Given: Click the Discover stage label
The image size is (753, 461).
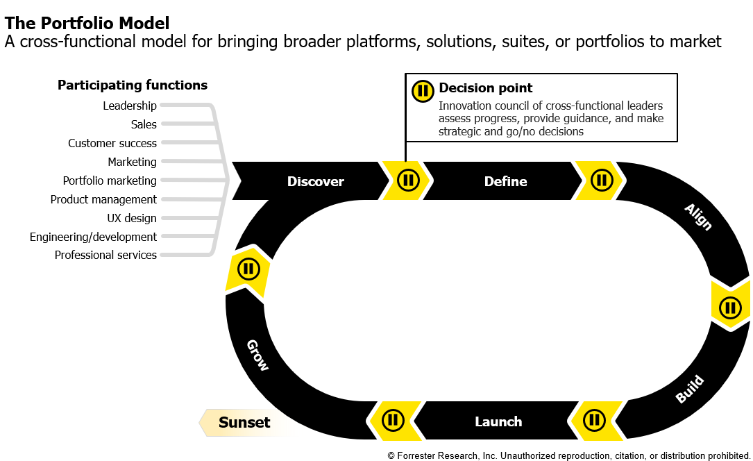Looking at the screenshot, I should point(315,181).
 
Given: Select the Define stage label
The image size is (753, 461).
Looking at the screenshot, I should point(505,181).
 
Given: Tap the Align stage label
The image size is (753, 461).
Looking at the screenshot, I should point(697,217).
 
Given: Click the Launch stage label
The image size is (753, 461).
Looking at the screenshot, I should point(498,421).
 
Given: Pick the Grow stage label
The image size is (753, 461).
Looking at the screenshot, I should point(257,355).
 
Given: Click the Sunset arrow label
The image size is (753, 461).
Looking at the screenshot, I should point(244,422).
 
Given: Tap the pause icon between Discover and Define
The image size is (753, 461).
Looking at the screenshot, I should point(408,181).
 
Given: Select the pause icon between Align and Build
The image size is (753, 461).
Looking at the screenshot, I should point(730,307).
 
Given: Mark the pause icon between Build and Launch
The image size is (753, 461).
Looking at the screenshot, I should point(594,420).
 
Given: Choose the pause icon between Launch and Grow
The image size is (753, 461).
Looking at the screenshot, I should point(393,420).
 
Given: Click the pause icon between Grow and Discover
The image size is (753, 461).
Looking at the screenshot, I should point(248,269).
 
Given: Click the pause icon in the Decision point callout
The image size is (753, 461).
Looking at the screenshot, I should point(423,91).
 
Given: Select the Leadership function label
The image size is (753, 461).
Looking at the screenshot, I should point(130,106).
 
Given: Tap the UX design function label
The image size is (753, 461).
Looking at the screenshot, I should point(131,218).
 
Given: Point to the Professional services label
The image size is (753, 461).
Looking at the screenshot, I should point(105,255).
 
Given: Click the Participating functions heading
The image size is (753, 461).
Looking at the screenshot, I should point(132,85).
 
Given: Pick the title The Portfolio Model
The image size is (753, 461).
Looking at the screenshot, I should point(87,24).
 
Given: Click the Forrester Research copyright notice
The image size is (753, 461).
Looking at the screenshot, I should point(568,455).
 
